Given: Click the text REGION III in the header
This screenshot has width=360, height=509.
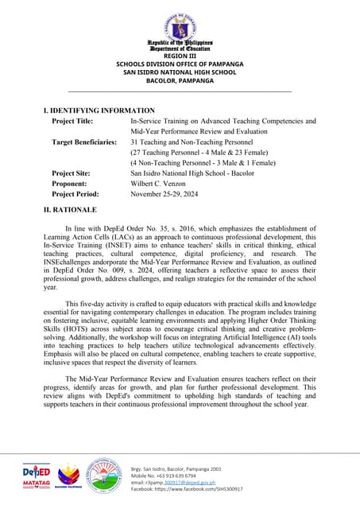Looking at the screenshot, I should coord(180,56).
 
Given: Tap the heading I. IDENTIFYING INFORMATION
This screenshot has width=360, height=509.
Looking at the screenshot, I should coord(99,110).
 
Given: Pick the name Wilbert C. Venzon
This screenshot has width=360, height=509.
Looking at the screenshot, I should coord(164,183).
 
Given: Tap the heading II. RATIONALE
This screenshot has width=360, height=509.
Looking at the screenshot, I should coord(69,209).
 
